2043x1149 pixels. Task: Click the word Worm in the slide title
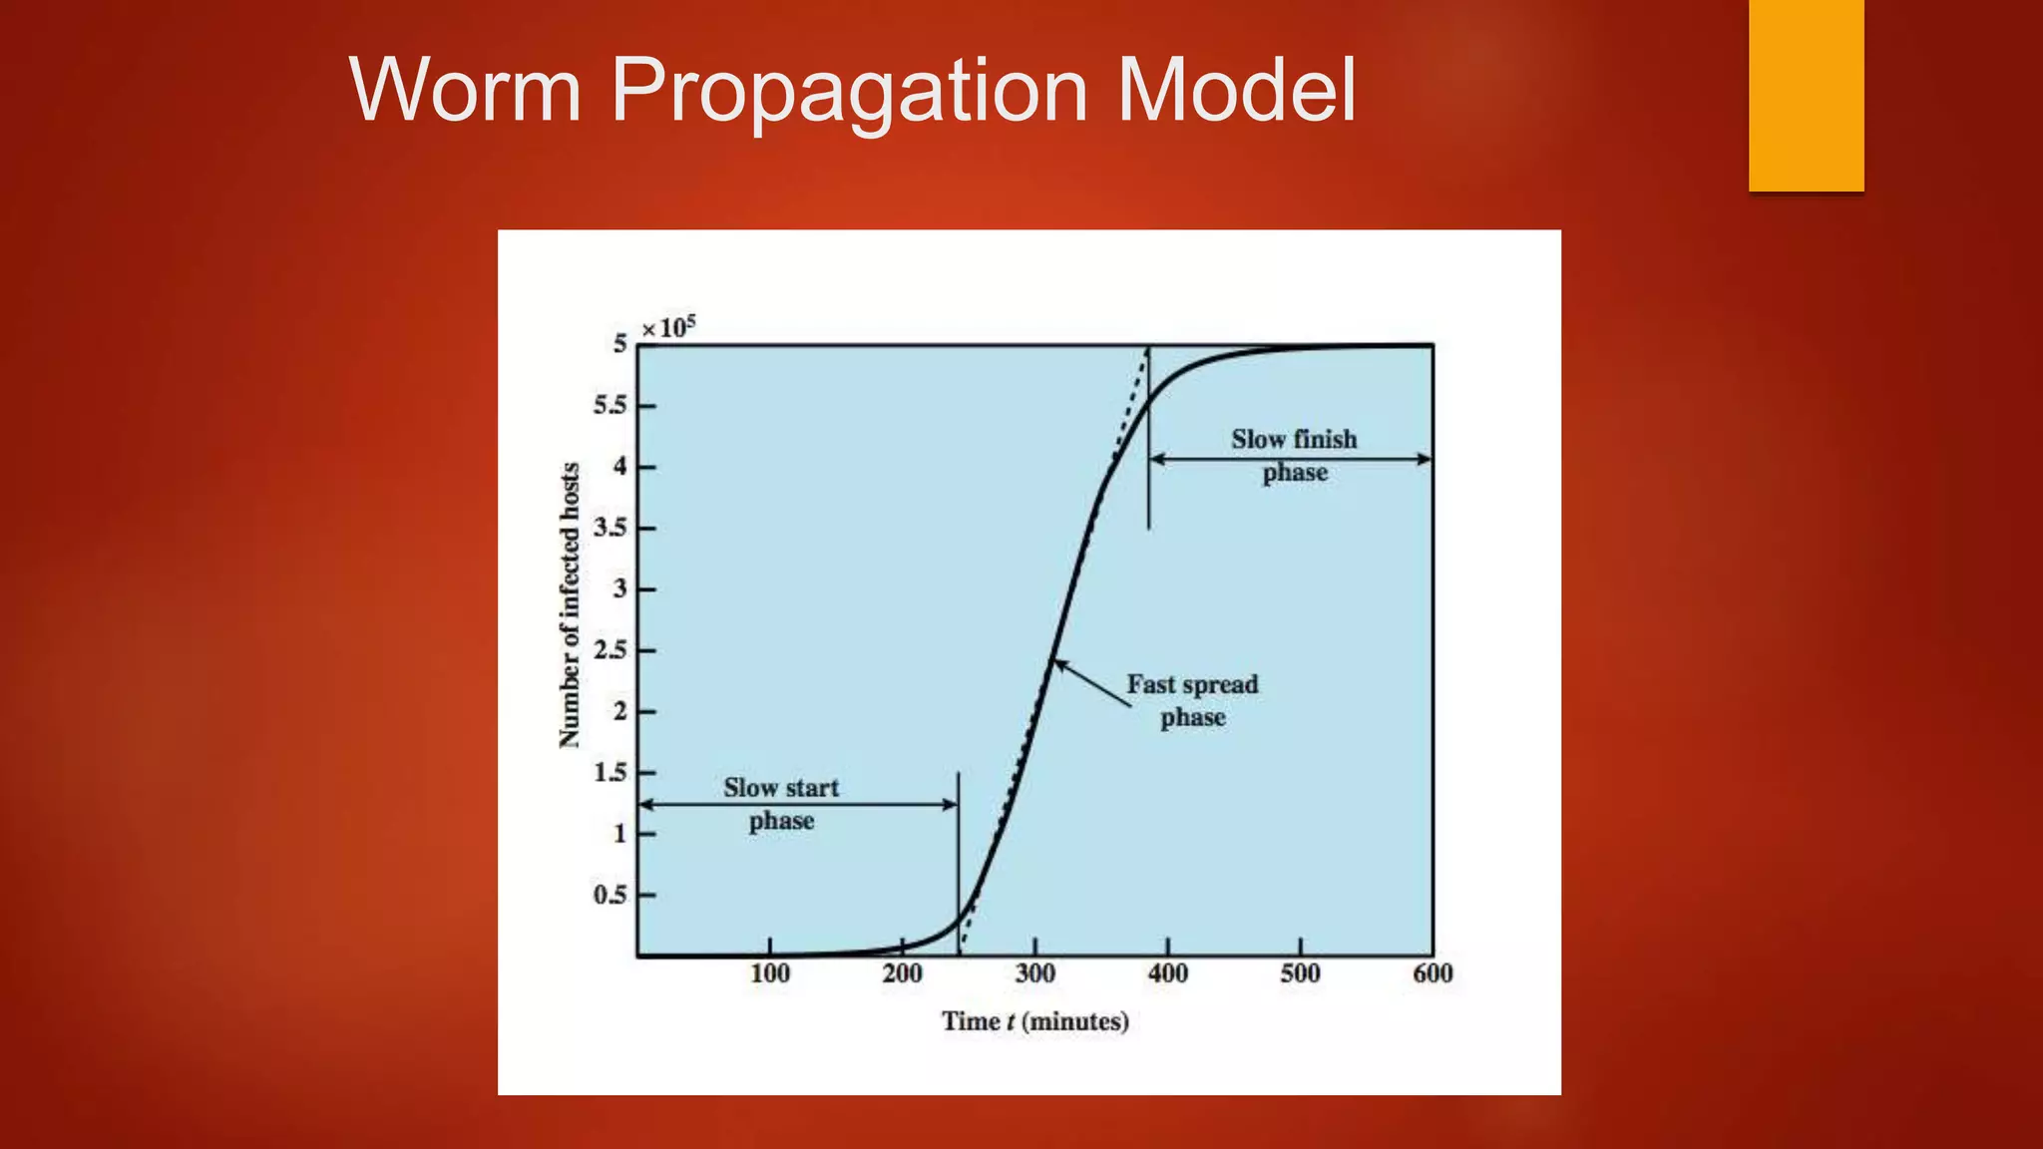pyautogui.click(x=465, y=90)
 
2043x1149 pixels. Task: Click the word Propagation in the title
pyautogui.click(x=849, y=92)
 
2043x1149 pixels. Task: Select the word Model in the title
pyautogui.click(x=1236, y=90)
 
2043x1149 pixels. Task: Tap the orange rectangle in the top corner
pyautogui.click(x=1806, y=95)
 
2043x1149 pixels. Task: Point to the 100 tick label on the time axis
pyautogui.click(x=769, y=973)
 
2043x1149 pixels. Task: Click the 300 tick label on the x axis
pyautogui.click(x=1034, y=973)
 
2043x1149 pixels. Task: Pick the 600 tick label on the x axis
pyautogui.click(x=1432, y=973)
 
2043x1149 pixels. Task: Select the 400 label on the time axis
pyautogui.click(x=1167, y=973)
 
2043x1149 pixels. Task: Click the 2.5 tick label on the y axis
pyautogui.click(x=611, y=650)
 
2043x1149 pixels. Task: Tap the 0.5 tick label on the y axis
pyautogui.click(x=611, y=895)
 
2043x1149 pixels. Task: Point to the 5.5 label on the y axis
pyautogui.click(x=611, y=406)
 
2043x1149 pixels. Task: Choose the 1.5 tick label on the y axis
pyautogui.click(x=611, y=773)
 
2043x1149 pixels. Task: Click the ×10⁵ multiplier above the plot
pyautogui.click(x=668, y=327)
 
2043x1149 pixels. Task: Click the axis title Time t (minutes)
pyautogui.click(x=1035, y=1021)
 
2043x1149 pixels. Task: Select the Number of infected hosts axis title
pyautogui.click(x=569, y=605)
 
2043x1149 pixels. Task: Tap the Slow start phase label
pyautogui.click(x=781, y=804)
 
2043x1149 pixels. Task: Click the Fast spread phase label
pyautogui.click(x=1192, y=700)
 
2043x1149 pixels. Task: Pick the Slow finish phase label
pyautogui.click(x=1294, y=455)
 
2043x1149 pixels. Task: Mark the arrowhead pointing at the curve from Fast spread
pyautogui.click(x=1059, y=664)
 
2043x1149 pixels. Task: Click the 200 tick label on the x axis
pyautogui.click(x=902, y=973)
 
